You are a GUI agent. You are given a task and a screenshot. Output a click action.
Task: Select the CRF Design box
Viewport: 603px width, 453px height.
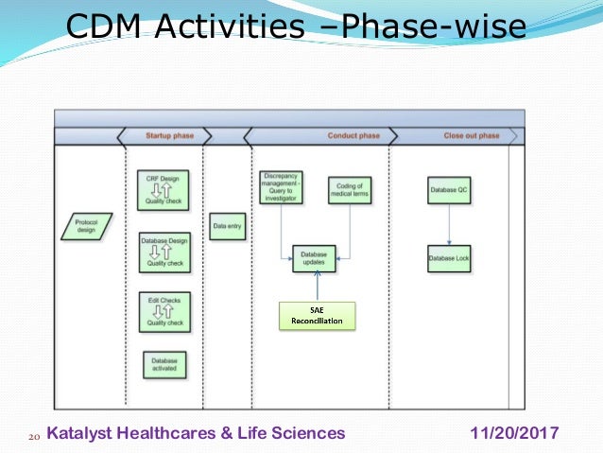[164, 189]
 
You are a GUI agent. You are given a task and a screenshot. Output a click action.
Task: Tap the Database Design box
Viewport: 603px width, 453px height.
[164, 253]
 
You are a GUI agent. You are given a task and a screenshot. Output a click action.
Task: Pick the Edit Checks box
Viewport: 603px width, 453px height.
[164, 312]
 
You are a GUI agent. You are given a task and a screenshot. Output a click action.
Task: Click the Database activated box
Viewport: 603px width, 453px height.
[164, 365]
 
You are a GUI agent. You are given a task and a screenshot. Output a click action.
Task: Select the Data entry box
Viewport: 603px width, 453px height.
[227, 226]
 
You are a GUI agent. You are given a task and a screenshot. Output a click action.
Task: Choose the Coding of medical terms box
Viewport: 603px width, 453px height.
[351, 190]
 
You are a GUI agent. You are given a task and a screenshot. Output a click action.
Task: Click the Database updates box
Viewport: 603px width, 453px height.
[314, 258]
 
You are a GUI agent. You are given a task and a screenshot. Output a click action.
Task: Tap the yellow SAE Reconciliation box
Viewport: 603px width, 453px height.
[317, 316]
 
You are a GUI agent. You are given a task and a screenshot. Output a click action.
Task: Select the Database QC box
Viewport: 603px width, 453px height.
[449, 190]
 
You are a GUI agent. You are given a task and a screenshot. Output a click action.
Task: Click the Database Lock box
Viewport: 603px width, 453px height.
[449, 258]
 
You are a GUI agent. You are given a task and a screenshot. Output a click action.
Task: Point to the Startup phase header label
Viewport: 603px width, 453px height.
[169, 136]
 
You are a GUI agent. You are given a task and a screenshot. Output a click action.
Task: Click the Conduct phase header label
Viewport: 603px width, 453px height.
[353, 136]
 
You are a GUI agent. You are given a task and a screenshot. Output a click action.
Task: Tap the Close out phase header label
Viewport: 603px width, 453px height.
[471, 136]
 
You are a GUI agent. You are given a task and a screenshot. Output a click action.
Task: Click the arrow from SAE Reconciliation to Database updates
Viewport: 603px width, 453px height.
[317, 287]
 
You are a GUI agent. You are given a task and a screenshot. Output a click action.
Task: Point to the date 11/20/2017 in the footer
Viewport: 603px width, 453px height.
[514, 433]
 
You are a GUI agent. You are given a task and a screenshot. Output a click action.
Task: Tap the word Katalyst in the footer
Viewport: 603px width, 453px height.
[78, 433]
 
